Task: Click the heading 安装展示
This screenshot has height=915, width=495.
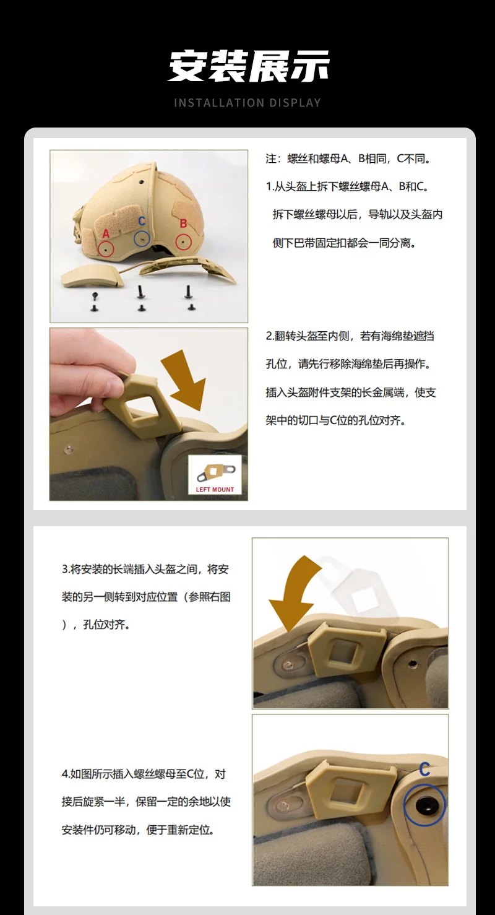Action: pyautogui.click(x=248, y=66)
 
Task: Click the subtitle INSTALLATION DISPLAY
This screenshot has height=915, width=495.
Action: pyautogui.click(x=247, y=103)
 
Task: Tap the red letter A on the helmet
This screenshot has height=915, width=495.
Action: pyautogui.click(x=106, y=233)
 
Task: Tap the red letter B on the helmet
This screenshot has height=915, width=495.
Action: pyautogui.click(x=183, y=223)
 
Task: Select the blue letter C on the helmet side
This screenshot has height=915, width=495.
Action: pyautogui.click(x=142, y=221)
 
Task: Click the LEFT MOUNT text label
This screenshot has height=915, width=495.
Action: pyautogui.click(x=215, y=489)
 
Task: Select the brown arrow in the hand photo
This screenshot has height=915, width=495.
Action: pyautogui.click(x=184, y=380)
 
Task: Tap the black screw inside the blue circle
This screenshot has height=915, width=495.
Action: pyautogui.click(x=424, y=805)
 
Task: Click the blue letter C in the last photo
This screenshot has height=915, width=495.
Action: pyautogui.click(x=424, y=770)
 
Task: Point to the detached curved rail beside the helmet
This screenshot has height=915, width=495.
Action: pyautogui.click(x=188, y=269)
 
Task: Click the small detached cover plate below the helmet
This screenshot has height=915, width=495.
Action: pyautogui.click(x=93, y=275)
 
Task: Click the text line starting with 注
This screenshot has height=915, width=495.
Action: pyautogui.click(x=348, y=158)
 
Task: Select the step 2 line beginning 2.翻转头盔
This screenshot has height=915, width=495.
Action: pyautogui.click(x=350, y=336)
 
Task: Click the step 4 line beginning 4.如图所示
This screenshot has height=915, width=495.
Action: pyautogui.click(x=144, y=774)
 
